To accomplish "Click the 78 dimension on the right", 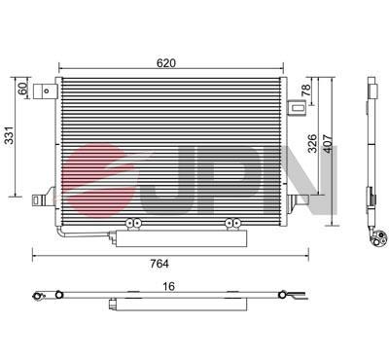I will [x=306, y=91].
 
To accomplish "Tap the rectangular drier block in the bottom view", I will [x=123, y=304].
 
